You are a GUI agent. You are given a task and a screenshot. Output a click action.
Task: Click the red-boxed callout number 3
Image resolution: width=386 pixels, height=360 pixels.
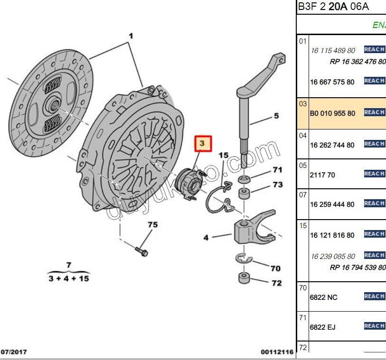[x=203, y=143]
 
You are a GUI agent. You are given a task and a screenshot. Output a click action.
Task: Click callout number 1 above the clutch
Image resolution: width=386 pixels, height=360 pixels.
[x=131, y=36]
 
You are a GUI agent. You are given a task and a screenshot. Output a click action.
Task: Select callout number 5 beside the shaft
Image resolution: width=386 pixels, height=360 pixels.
[x=276, y=116]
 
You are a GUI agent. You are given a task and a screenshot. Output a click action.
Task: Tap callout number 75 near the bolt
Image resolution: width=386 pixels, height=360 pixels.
[x=152, y=225]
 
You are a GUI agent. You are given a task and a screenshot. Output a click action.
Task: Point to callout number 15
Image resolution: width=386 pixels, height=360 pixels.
[x=223, y=156]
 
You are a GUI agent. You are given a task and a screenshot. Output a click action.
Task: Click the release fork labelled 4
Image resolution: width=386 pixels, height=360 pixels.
[x=249, y=231]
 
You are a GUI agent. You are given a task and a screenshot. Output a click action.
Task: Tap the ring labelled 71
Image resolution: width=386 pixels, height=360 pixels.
[x=245, y=179]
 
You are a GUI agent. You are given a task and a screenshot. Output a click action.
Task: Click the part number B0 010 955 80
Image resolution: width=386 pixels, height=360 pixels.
[x=332, y=114]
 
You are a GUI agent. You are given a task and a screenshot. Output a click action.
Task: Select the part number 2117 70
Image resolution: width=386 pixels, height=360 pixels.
[x=322, y=175]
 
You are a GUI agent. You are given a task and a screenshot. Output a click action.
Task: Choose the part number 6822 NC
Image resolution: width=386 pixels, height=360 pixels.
[x=324, y=298]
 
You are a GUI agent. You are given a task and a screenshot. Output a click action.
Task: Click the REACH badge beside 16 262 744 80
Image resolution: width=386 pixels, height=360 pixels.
[x=374, y=144]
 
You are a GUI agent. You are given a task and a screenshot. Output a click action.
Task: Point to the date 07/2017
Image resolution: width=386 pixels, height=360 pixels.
[x=13, y=351]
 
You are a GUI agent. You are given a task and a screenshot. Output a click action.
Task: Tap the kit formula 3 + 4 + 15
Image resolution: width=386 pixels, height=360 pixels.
[x=69, y=278]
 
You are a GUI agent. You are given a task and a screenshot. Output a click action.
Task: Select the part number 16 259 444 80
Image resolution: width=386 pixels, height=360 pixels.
[x=332, y=205]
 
